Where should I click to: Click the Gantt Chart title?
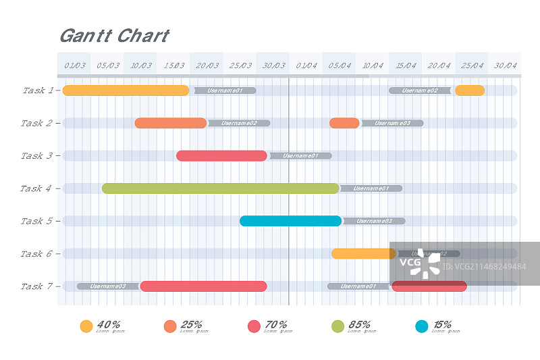coord(114,36)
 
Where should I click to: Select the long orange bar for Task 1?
coord(126,91)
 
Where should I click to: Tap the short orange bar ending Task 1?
coord(469,91)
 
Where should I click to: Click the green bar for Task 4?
coord(220,188)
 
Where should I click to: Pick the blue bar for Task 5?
coord(290,221)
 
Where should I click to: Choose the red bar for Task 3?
coord(221,156)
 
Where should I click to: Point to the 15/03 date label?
coord(174,66)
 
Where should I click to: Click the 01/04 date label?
coord(306,66)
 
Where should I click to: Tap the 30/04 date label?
coord(506,66)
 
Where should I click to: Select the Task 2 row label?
coord(36,123)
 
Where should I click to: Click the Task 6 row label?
coord(36,254)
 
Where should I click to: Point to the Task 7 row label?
coord(36,286)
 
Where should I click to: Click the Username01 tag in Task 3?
coord(300,156)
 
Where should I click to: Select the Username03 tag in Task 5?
coord(374,221)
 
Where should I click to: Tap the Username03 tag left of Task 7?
coord(108,286)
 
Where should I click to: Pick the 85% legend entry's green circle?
coord(338,326)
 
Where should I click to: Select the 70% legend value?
coord(277,324)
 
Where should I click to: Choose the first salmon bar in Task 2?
coord(170,123)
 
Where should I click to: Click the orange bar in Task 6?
coord(363,254)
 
